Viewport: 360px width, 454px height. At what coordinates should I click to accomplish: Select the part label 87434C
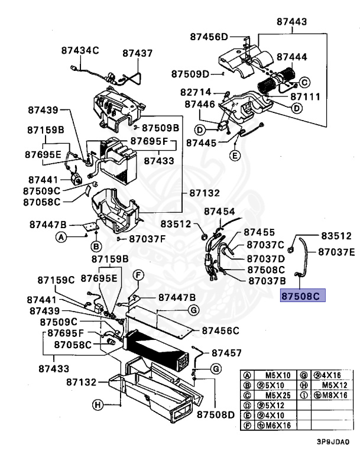(80, 51)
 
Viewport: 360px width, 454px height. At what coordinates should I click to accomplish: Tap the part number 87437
(138, 53)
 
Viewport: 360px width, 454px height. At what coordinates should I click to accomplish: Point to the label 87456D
(209, 37)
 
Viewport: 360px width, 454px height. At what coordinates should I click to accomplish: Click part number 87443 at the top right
(291, 22)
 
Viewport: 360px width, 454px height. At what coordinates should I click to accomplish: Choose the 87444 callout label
(292, 57)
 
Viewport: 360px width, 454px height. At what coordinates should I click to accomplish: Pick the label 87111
(305, 96)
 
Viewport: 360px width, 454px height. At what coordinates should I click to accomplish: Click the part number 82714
(196, 93)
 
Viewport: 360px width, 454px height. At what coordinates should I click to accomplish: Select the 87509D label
(191, 74)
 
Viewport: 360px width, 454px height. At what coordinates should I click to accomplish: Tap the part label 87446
(199, 104)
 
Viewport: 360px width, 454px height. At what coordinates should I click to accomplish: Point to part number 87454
(219, 212)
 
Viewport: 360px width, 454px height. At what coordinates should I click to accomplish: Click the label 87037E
(337, 252)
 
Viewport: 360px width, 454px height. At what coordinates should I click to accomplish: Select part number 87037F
(148, 239)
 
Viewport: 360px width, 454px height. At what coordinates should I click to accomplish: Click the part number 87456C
(220, 330)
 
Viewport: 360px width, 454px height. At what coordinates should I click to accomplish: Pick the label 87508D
(216, 414)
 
